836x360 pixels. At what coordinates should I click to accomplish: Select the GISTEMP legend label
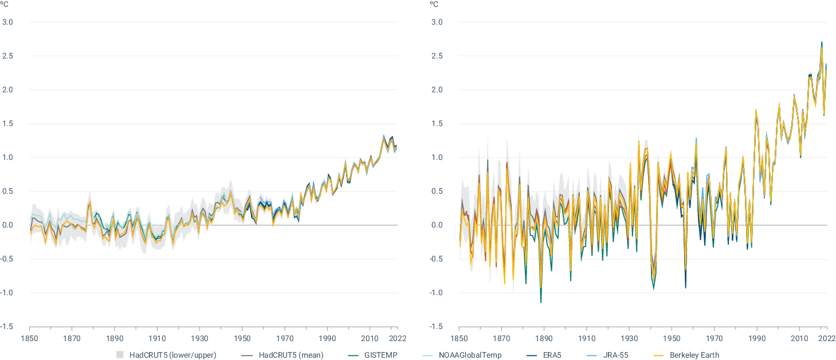pos(380,355)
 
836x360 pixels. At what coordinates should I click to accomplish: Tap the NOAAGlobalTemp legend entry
pos(470,355)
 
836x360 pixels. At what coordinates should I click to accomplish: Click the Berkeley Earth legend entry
pos(694,355)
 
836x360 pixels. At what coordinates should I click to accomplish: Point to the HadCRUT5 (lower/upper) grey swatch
pos(120,355)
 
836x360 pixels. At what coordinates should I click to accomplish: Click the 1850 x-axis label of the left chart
pos(29,338)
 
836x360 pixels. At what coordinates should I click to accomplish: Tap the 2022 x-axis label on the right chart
pos(826,338)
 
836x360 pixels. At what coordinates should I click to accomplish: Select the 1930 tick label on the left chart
pos(199,338)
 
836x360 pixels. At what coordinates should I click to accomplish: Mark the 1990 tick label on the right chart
pos(757,338)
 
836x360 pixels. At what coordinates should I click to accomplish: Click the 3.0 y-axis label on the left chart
pos(8,22)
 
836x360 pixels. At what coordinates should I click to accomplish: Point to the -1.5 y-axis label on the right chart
pos(437,327)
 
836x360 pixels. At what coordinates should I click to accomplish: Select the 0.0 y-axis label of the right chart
pos(438,225)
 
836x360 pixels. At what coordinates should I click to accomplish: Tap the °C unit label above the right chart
pos(434,5)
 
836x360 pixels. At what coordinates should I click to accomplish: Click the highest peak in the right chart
pos(822,42)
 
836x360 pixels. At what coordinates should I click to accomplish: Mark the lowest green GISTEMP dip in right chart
pos(540,302)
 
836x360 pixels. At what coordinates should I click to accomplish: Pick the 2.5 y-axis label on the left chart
pos(8,56)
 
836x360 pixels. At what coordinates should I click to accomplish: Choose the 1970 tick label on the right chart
pos(714,338)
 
